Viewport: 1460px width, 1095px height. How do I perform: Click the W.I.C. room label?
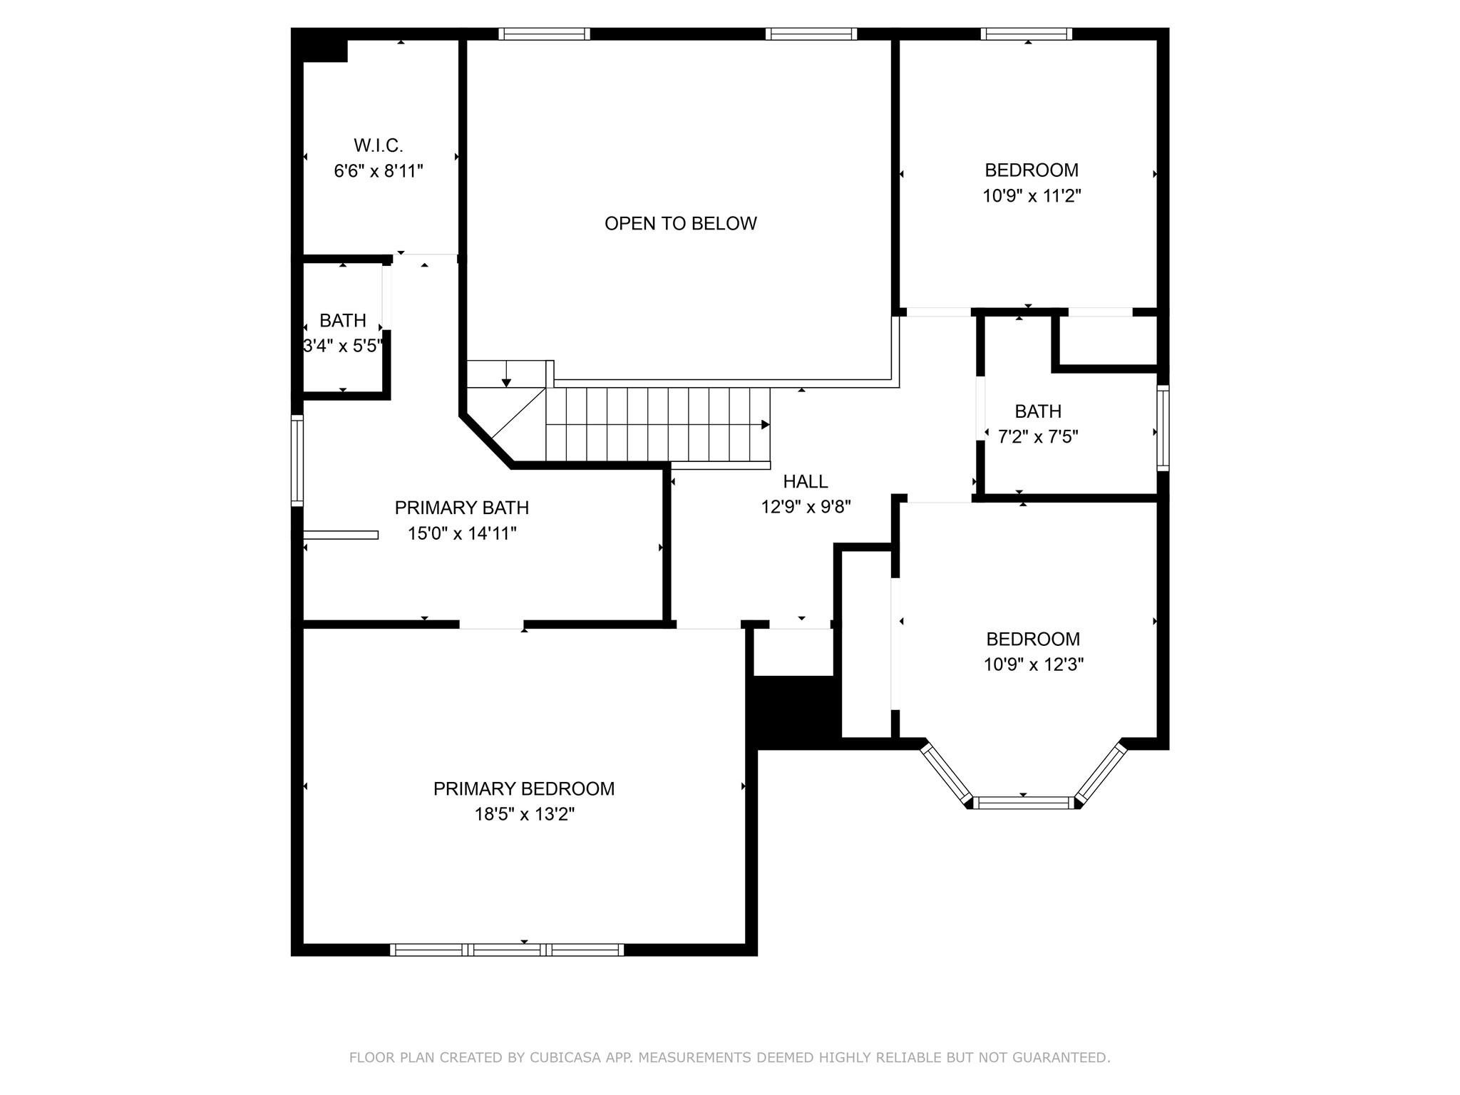point(379,145)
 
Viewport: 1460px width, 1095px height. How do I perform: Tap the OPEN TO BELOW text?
point(681,223)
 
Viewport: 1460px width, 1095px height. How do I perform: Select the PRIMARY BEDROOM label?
point(524,788)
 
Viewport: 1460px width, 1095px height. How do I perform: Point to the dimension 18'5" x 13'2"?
point(525,814)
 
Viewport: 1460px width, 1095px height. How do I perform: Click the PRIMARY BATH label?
point(462,508)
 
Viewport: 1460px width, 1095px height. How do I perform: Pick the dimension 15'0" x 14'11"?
point(462,533)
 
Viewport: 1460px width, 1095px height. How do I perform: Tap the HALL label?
point(806,481)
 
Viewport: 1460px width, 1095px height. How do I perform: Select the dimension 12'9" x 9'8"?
point(806,507)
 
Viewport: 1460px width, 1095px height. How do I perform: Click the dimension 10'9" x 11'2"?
point(1032,196)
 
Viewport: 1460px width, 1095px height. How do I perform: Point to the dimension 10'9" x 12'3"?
point(1034,664)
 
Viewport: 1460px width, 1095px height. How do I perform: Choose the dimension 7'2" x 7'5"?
point(1038,436)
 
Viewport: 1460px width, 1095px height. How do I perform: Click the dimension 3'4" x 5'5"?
point(343,346)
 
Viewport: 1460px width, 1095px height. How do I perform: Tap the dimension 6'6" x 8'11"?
point(379,171)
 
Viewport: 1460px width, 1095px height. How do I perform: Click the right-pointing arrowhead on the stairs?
point(766,425)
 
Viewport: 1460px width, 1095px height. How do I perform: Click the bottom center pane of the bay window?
point(1023,803)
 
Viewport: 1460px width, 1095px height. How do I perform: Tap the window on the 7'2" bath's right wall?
point(1163,428)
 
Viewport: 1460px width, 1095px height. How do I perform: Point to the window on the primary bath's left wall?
point(297,461)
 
